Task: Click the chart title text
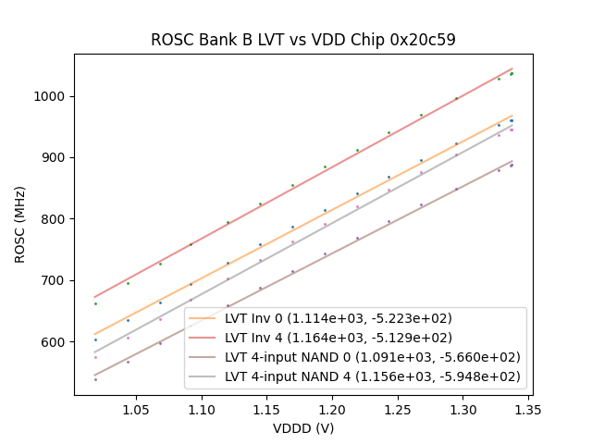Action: (x=302, y=40)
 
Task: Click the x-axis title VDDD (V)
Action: (x=302, y=428)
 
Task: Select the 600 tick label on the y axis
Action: (x=55, y=342)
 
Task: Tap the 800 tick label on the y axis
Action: (x=55, y=219)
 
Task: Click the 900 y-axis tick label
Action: (x=55, y=157)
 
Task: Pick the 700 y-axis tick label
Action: (x=55, y=280)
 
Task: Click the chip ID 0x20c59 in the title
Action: (x=422, y=40)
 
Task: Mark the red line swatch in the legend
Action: (x=204, y=338)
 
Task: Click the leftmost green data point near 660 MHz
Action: (x=94, y=303)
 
